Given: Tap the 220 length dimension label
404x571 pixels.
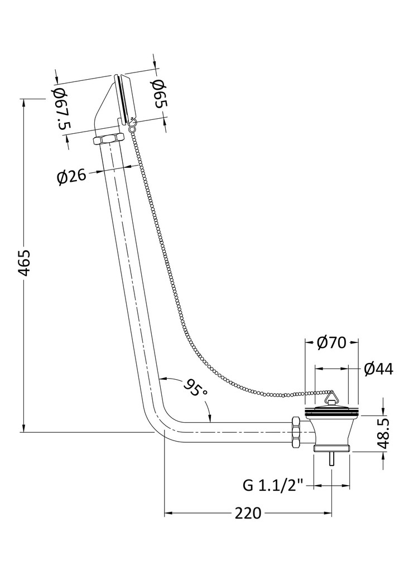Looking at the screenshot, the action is [248, 513].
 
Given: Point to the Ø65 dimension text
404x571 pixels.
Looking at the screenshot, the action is [160, 94].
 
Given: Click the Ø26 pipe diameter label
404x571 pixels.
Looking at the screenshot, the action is [72, 177].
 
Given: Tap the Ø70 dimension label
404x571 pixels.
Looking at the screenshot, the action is [331, 342].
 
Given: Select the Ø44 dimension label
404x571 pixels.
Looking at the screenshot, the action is [378, 369].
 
